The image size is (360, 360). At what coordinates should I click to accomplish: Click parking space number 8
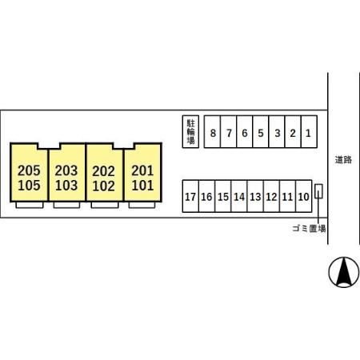pos(212,132)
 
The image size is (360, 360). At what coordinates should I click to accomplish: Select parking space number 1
pos(309,132)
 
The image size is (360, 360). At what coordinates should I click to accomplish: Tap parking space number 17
pos(190,196)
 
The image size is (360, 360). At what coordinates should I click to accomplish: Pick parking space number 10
pos(304,196)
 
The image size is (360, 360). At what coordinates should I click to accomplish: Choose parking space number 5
pos(261,132)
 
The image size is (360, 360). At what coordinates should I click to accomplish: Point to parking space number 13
pos(255,196)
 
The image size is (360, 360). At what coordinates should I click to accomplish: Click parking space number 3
pos(277,132)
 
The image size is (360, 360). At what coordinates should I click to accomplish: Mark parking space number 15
pos(223,196)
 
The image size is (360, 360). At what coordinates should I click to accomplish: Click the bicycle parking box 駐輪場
pos(190,132)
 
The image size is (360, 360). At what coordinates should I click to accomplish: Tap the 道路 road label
pos(343,160)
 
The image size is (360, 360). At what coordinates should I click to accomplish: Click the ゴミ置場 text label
pos(309,229)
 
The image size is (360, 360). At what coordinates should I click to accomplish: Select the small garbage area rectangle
pos(318,191)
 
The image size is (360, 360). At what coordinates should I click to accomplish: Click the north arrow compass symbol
pos(344,272)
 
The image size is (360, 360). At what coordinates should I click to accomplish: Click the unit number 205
pos(29,170)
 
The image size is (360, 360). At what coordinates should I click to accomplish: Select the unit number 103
pos(66,186)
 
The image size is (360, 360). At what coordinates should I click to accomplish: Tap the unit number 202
pos(104,171)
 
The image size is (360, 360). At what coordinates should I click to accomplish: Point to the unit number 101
pos(142,186)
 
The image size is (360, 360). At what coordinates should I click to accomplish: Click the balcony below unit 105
pos(30,205)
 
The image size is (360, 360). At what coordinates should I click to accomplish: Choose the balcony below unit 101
pos(142,205)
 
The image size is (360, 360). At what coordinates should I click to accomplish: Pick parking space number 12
pos(271,196)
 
